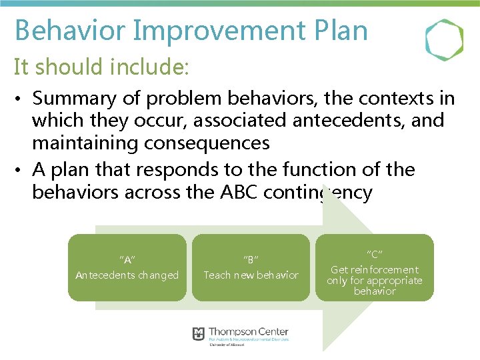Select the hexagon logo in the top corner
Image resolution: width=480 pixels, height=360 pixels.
click(x=444, y=40)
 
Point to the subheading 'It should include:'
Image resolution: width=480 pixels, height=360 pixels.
click(x=102, y=67)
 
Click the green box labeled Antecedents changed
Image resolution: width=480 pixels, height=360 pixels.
click(x=127, y=267)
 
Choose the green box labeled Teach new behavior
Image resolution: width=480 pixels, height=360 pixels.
click(x=251, y=267)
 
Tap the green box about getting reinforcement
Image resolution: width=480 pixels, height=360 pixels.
click(x=375, y=267)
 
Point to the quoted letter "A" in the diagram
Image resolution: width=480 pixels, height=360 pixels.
click(x=127, y=259)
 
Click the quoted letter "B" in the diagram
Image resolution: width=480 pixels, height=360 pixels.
click(x=251, y=259)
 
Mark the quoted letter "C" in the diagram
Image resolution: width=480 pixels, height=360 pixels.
click(x=375, y=254)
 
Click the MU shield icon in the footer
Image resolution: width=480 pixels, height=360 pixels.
click(x=199, y=333)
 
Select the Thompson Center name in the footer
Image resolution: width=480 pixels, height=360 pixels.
click(x=249, y=331)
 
